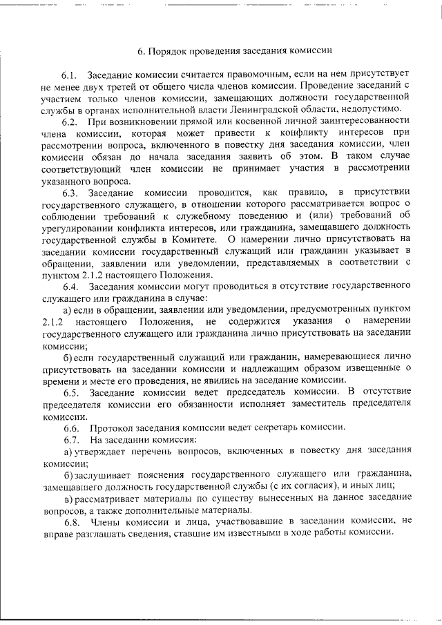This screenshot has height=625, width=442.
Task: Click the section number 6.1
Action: [x=71, y=74]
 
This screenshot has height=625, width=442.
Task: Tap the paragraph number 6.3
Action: [x=71, y=191]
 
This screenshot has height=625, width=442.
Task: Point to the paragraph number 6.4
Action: [x=71, y=285]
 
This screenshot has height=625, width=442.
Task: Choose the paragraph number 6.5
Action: [x=71, y=392]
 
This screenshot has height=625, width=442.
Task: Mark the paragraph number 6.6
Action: [x=71, y=427]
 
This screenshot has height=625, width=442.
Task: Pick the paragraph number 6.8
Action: [x=71, y=521]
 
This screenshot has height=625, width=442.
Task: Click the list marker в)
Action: [x=68, y=498]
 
